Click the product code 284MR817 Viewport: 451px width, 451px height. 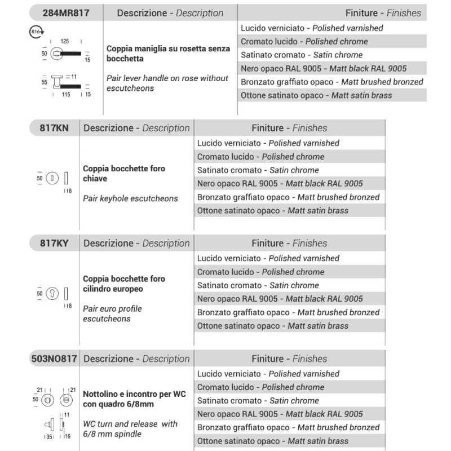point(65,13)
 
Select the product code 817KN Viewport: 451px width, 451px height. point(54,128)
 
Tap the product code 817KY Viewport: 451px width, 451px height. point(54,244)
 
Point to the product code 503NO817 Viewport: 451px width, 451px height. point(54,359)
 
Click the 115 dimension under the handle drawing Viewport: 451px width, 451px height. point(65,95)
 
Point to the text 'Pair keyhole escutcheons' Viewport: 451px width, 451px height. point(130,198)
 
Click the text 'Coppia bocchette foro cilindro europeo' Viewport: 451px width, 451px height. point(124,284)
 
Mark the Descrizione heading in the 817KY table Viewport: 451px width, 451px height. point(136,244)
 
